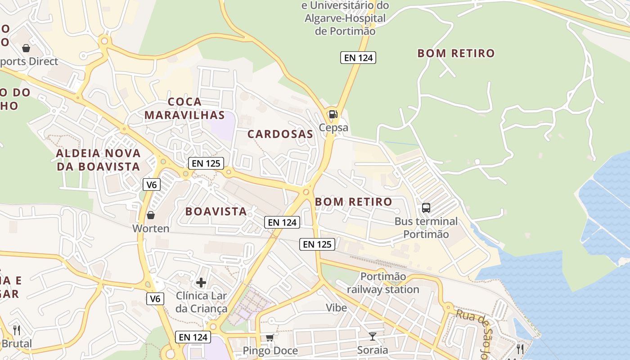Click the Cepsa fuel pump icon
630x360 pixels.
(x=333, y=114)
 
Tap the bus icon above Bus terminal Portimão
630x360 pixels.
(x=426, y=208)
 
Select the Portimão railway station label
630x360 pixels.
(x=383, y=283)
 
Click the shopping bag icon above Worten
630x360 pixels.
(x=151, y=215)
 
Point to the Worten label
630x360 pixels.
(x=151, y=229)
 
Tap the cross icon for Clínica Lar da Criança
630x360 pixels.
(x=201, y=283)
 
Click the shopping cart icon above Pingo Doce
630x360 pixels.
(x=270, y=337)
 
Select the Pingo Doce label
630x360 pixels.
(x=270, y=351)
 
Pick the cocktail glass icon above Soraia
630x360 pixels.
(x=373, y=336)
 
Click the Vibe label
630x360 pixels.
(x=337, y=308)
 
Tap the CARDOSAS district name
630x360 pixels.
(x=280, y=134)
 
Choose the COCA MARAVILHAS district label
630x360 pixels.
(x=184, y=108)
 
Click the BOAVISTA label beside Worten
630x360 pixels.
(x=216, y=211)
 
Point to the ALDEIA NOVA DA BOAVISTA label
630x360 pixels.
(x=98, y=160)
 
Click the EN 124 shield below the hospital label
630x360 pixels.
(x=358, y=58)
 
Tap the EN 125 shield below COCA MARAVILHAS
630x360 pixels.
(x=206, y=163)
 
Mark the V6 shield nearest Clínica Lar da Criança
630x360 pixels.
(x=155, y=298)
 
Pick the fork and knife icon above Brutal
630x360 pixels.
(x=17, y=330)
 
